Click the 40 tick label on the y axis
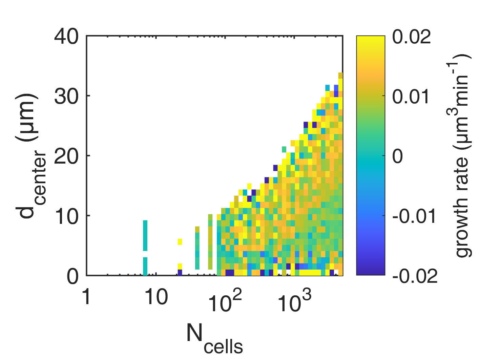click(66, 36)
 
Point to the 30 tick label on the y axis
click(66, 96)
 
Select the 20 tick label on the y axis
click(66, 156)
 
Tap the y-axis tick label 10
click(66, 216)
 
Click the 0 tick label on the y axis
click(73, 276)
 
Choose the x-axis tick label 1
click(87, 297)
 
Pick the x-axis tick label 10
click(156, 297)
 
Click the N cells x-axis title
click(214, 337)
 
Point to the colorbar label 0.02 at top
click(412, 36)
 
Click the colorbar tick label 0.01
click(412, 97)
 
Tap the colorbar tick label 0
click(398, 156)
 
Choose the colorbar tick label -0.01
click(414, 216)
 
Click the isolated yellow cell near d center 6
click(180, 241)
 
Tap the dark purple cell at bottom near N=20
click(180, 272)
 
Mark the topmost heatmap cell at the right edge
click(340, 76)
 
